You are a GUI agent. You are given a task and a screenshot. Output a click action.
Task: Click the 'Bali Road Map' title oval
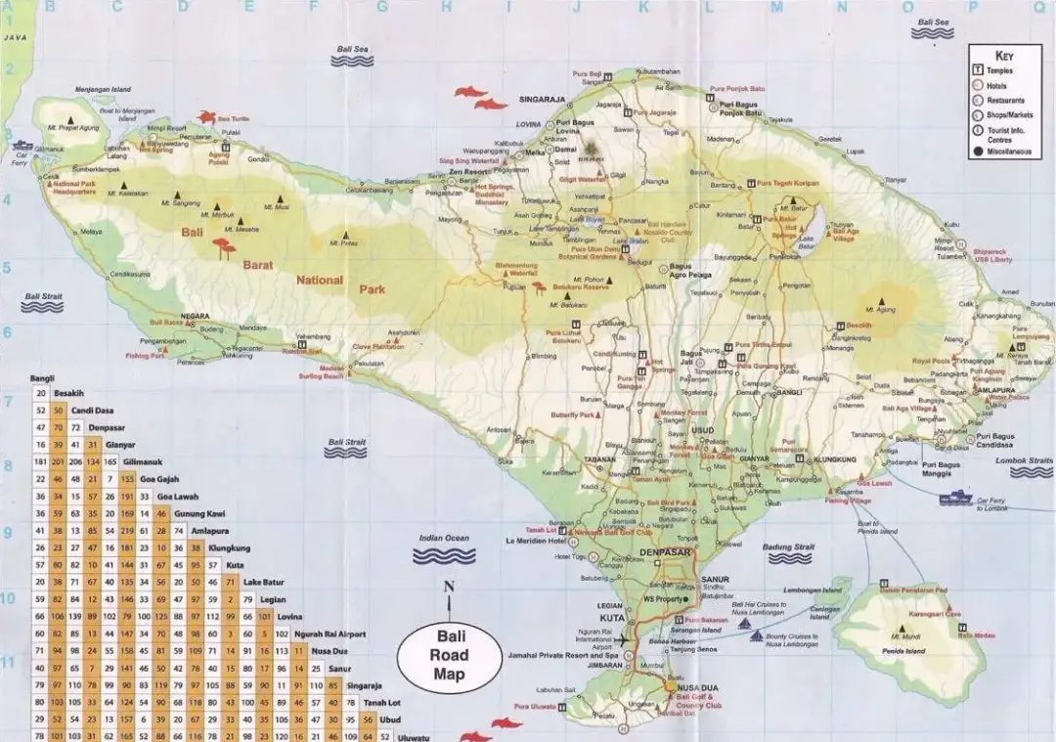pos(450,654)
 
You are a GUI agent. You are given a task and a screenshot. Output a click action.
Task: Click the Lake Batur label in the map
pos(807,243)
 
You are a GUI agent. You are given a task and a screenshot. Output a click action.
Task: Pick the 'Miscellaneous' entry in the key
pos(1007,152)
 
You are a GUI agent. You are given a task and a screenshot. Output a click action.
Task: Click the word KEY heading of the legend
pos(1005,55)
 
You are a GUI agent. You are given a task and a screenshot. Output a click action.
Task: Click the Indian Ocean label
pos(445,538)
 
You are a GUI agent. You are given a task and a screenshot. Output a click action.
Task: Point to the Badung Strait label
pos(791,546)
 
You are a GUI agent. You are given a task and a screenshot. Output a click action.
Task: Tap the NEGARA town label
pos(196,316)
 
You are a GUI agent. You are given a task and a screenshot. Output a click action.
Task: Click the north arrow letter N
pos(449,587)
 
